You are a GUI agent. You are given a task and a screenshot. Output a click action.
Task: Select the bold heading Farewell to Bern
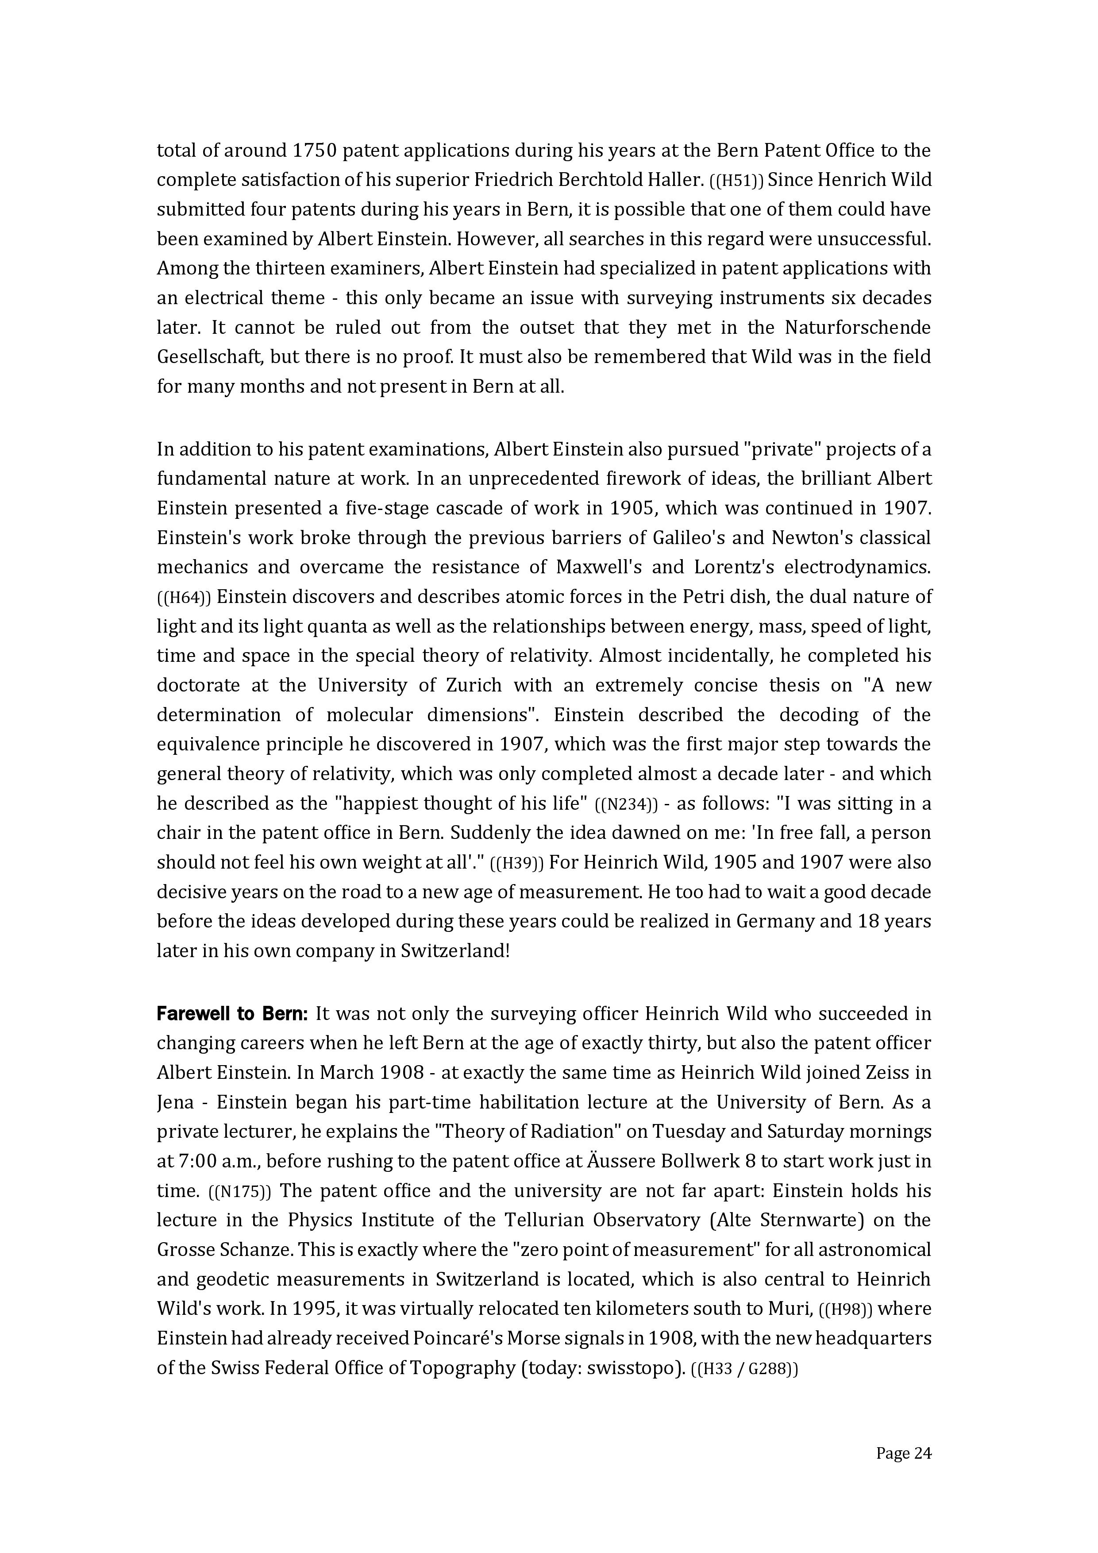tap(232, 1014)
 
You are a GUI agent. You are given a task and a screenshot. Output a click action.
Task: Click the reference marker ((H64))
tap(184, 597)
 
